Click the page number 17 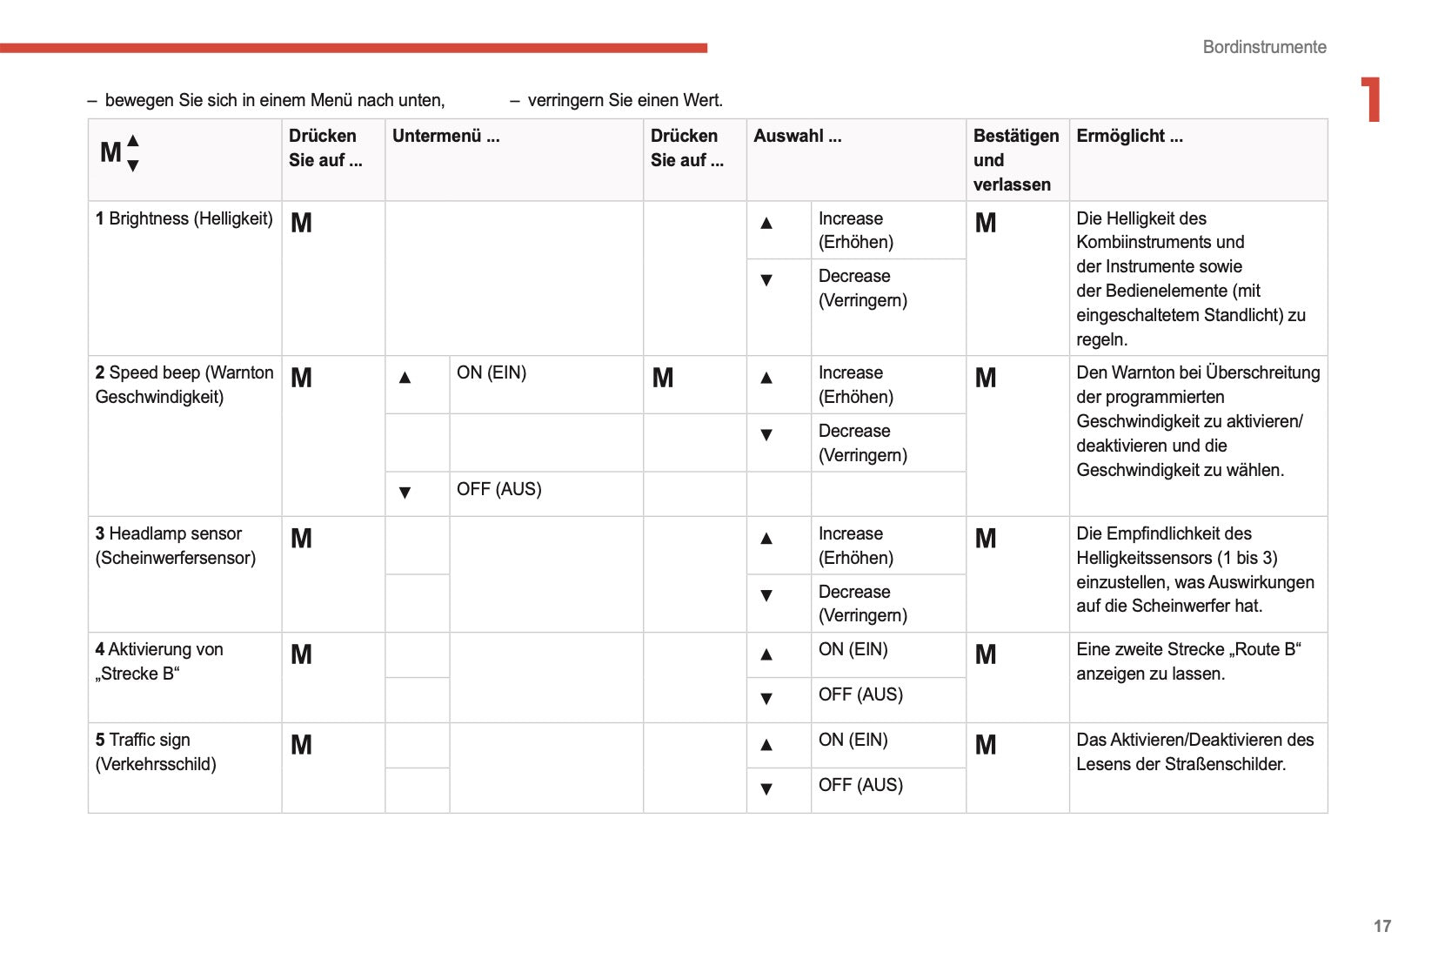pyautogui.click(x=1381, y=926)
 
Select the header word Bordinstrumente pyautogui.click(x=1264, y=47)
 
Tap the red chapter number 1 pyautogui.click(x=1371, y=99)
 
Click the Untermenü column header pyautogui.click(x=445, y=136)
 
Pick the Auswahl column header pyautogui.click(x=797, y=136)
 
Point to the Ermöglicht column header pyautogui.click(x=1129, y=136)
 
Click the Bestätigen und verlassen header pyautogui.click(x=1015, y=160)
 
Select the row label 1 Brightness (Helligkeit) pyautogui.click(x=184, y=218)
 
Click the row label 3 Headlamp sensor pyautogui.click(x=176, y=546)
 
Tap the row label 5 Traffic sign pyautogui.click(x=156, y=752)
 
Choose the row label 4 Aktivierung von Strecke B pyautogui.click(x=159, y=661)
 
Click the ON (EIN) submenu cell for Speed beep pyautogui.click(x=492, y=372)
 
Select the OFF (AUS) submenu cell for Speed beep pyautogui.click(x=498, y=489)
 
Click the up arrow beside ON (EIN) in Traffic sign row pyautogui.click(x=766, y=745)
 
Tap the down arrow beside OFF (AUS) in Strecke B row pyautogui.click(x=766, y=698)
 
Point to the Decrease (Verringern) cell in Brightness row pyautogui.click(x=862, y=288)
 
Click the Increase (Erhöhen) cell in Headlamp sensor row pyautogui.click(x=855, y=546)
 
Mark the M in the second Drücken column pyautogui.click(x=663, y=378)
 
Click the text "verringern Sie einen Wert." pyautogui.click(x=625, y=100)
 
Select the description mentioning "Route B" pyautogui.click(x=1188, y=661)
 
